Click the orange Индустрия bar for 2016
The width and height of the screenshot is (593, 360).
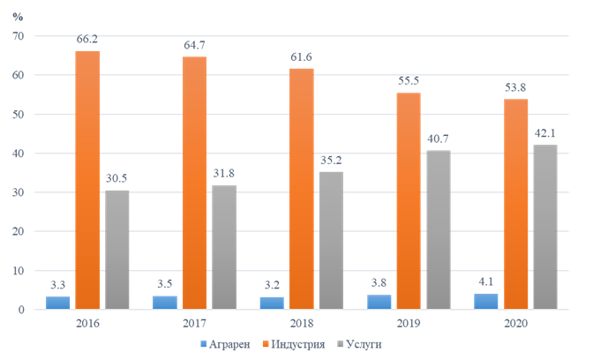pyautogui.click(x=86, y=180)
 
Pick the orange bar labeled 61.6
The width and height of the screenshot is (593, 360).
pyautogui.click(x=302, y=189)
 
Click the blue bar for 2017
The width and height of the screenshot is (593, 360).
pyautogui.click(x=166, y=303)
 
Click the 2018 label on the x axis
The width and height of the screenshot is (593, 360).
pyautogui.click(x=302, y=324)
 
